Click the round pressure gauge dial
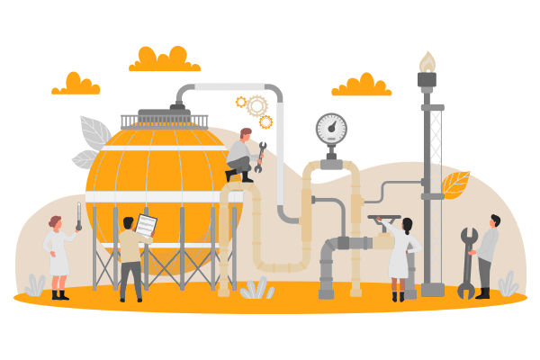pyautogui.click(x=331, y=129)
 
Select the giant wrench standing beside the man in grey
pyautogui.click(x=467, y=262)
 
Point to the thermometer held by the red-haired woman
pyautogui.click(x=79, y=215)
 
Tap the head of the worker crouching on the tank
pyautogui.click(x=245, y=134)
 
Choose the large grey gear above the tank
pyautogui.click(x=257, y=106)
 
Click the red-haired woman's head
pyautogui.click(x=56, y=221)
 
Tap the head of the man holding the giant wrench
pyautogui.click(x=494, y=220)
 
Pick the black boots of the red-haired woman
pyautogui.click(x=59, y=292)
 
